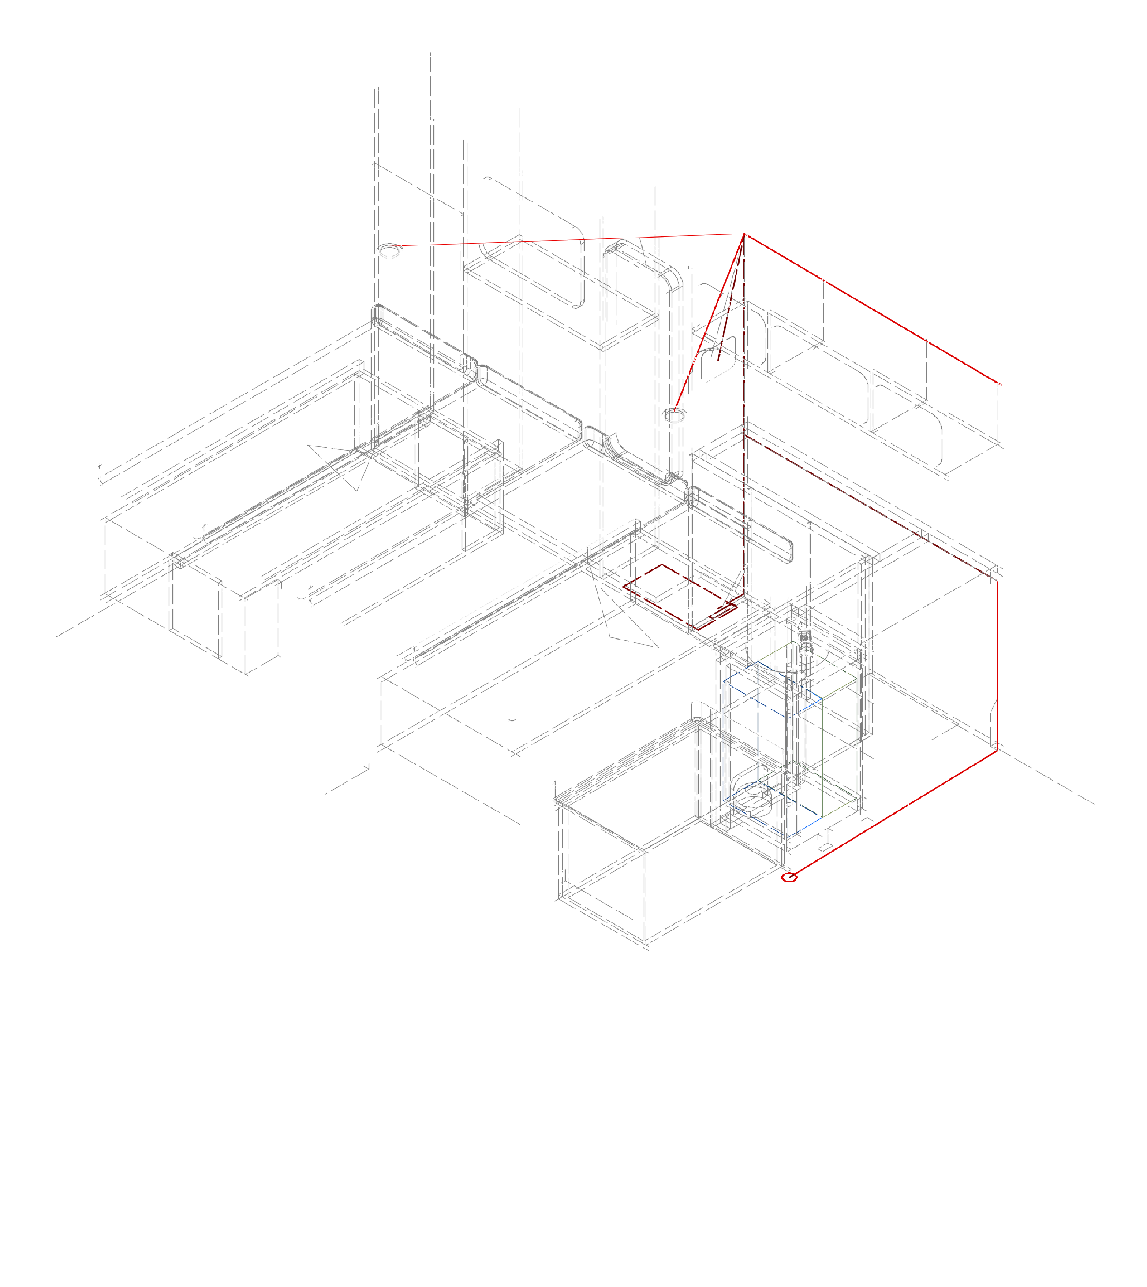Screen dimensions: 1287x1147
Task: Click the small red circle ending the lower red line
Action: point(790,878)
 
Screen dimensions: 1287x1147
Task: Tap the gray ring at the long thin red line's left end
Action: point(389,251)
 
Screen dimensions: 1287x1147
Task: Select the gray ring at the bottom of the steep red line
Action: point(676,414)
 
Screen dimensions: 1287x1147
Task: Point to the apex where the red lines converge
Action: point(745,234)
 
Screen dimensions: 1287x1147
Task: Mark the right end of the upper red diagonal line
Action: point(998,383)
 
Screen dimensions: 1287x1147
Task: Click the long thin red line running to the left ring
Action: point(567,240)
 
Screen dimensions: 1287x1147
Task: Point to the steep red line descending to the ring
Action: point(709,324)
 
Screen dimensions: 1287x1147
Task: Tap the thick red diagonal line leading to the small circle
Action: point(895,813)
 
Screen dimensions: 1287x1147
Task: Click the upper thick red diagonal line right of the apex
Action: point(870,308)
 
